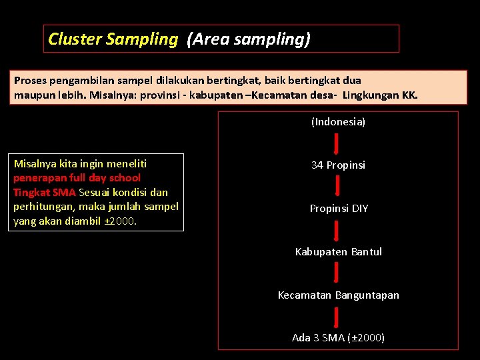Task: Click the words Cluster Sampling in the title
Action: [113, 39]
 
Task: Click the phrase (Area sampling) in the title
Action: [249, 39]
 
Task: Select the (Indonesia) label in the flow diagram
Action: [338, 122]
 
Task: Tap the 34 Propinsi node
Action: [338, 165]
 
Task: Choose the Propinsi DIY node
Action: [338, 208]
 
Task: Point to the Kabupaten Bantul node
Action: [338, 251]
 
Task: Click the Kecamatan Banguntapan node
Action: [338, 295]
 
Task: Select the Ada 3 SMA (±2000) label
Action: [338, 337]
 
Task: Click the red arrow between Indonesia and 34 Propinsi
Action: [337, 143]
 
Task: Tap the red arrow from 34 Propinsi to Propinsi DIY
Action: [337, 187]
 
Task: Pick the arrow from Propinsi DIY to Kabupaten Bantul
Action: [337, 230]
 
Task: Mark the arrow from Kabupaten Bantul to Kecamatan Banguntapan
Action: [337, 273]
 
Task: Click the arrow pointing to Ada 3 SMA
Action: [337, 316]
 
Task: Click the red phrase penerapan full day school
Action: [77, 178]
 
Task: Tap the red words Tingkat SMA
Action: [45, 192]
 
